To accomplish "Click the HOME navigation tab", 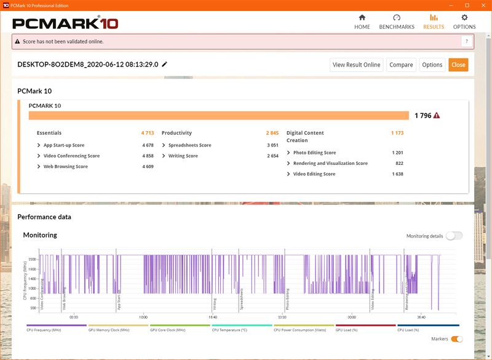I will click(362, 22).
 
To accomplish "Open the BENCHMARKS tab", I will click(397, 22).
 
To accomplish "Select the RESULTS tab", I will click(434, 22).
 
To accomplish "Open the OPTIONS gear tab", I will click(464, 22).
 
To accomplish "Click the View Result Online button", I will click(357, 65).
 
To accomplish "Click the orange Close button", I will click(458, 65).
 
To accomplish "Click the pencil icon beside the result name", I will click(165, 65).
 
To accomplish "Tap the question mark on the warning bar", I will click(467, 41).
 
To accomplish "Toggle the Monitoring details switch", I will click(454, 236).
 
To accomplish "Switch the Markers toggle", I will click(456, 338).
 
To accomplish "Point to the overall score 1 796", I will click(423, 116).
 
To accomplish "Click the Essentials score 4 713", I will click(147, 133).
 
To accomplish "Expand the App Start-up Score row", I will click(39, 145).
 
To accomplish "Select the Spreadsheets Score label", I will click(189, 145).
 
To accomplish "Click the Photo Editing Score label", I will click(314, 153).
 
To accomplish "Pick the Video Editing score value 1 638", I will click(397, 174).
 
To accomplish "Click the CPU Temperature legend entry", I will click(231, 330).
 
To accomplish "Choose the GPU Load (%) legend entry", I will click(348, 330).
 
